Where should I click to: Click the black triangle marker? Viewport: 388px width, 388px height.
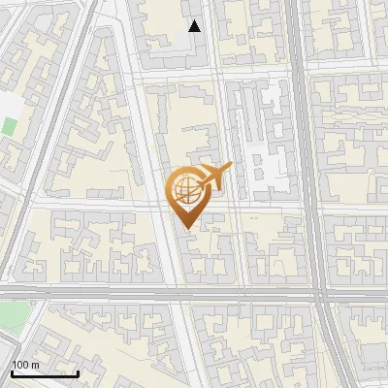click(195, 26)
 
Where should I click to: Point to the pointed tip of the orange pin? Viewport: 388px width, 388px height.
click(185, 229)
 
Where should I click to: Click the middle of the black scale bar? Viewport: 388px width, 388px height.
click(45, 372)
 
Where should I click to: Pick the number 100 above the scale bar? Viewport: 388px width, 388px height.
click(20, 364)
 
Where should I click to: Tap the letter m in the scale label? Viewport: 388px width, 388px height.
click(35, 364)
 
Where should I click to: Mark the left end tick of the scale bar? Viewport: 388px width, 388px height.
click(12, 372)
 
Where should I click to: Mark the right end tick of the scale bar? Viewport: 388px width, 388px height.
click(78, 372)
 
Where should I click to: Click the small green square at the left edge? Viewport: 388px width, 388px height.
click(10, 126)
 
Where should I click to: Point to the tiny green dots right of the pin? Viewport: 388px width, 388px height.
click(254, 217)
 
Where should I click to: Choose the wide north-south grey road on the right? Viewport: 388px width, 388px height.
click(308, 145)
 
